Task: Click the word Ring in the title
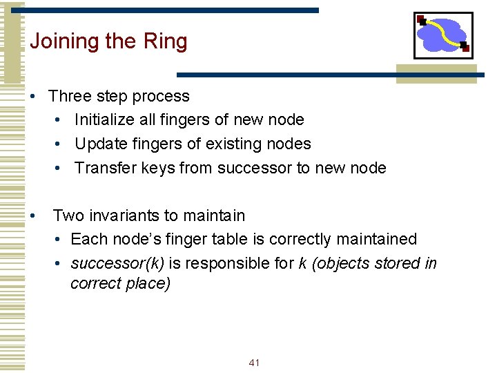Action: (x=165, y=42)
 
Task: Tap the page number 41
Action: (x=253, y=363)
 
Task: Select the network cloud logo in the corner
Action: (x=443, y=35)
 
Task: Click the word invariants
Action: (x=126, y=216)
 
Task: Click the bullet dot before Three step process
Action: (x=33, y=97)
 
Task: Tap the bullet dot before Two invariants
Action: (x=33, y=216)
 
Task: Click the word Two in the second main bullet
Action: (x=68, y=216)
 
